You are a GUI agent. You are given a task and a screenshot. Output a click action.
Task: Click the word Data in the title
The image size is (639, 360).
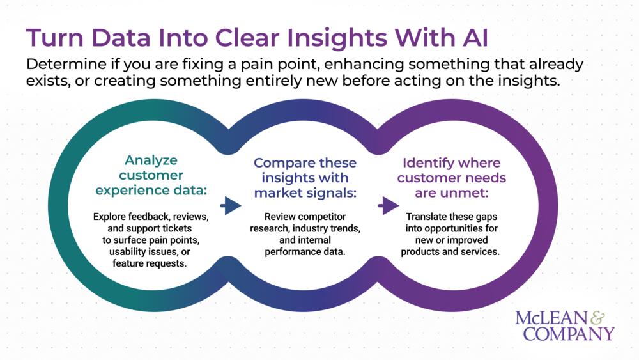(x=118, y=38)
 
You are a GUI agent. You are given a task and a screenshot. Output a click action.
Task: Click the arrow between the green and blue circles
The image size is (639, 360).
(x=231, y=205)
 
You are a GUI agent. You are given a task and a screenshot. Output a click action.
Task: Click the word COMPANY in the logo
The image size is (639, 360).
(x=569, y=333)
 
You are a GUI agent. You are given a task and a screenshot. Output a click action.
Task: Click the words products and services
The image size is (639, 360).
(x=450, y=251)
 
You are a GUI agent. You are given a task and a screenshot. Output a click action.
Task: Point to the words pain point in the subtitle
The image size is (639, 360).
(x=302, y=65)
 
